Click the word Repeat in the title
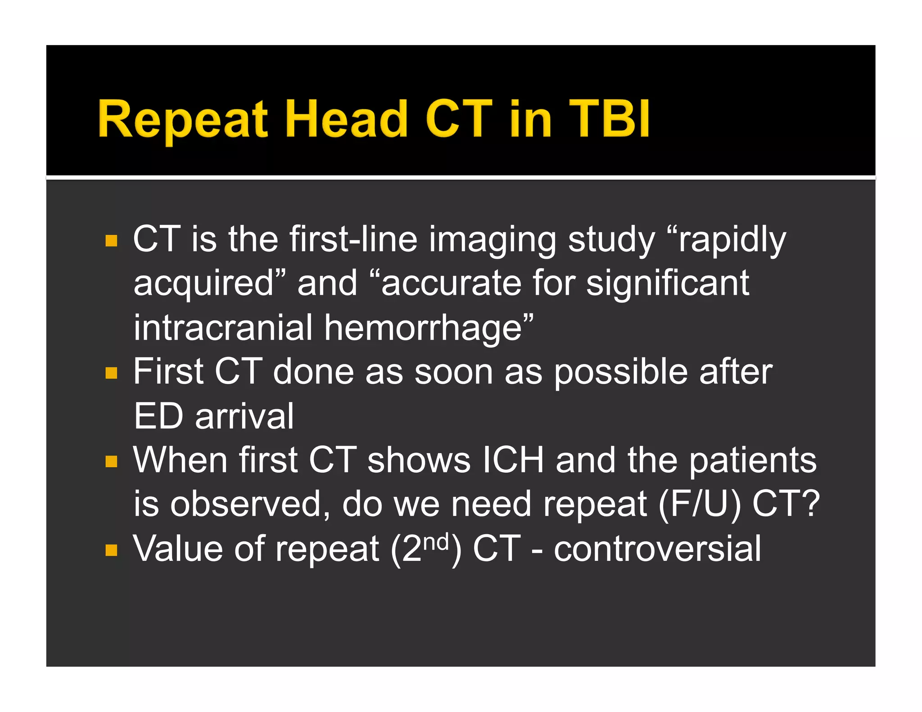(x=182, y=119)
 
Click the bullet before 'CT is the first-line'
(x=111, y=241)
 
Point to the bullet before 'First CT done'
(x=111, y=373)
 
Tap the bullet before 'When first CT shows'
(x=111, y=461)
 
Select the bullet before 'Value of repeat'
(x=111, y=550)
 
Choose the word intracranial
(x=223, y=328)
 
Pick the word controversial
(x=657, y=549)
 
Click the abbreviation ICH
(x=513, y=460)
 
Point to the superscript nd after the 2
(x=436, y=542)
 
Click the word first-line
(x=353, y=239)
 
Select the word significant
(x=668, y=284)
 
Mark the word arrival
(x=244, y=416)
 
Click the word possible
(x=620, y=373)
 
